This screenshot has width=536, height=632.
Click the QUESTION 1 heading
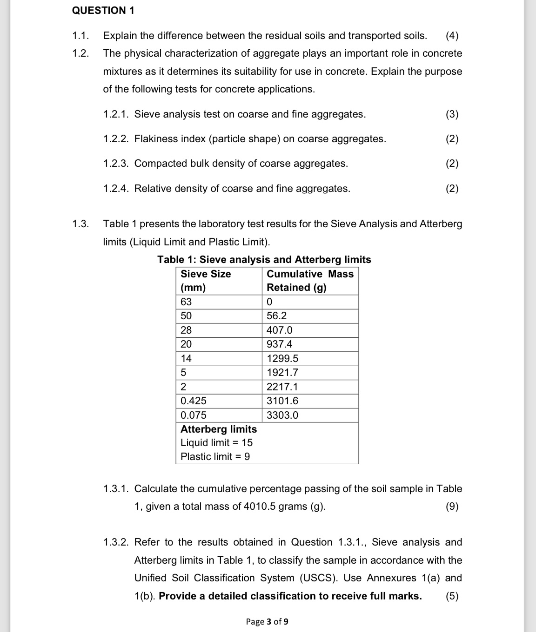(103, 11)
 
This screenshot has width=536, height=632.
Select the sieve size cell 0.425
(194, 401)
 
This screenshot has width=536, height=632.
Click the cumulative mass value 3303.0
(282, 415)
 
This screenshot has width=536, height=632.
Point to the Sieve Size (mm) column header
(205, 280)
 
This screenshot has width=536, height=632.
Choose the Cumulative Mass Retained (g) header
(310, 280)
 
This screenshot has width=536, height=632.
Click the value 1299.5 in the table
(282, 358)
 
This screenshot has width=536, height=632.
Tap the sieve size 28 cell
(186, 330)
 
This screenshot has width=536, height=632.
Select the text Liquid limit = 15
(216, 442)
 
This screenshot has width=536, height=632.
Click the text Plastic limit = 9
(215, 456)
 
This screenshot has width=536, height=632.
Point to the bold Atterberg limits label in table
(218, 429)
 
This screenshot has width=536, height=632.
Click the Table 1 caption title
(264, 259)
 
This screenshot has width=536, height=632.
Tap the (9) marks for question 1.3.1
(452, 506)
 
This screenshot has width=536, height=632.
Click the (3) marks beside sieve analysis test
(452, 114)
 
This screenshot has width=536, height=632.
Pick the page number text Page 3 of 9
(267, 621)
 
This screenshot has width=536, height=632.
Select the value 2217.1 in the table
(282, 387)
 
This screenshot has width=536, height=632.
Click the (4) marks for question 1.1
(452, 36)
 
